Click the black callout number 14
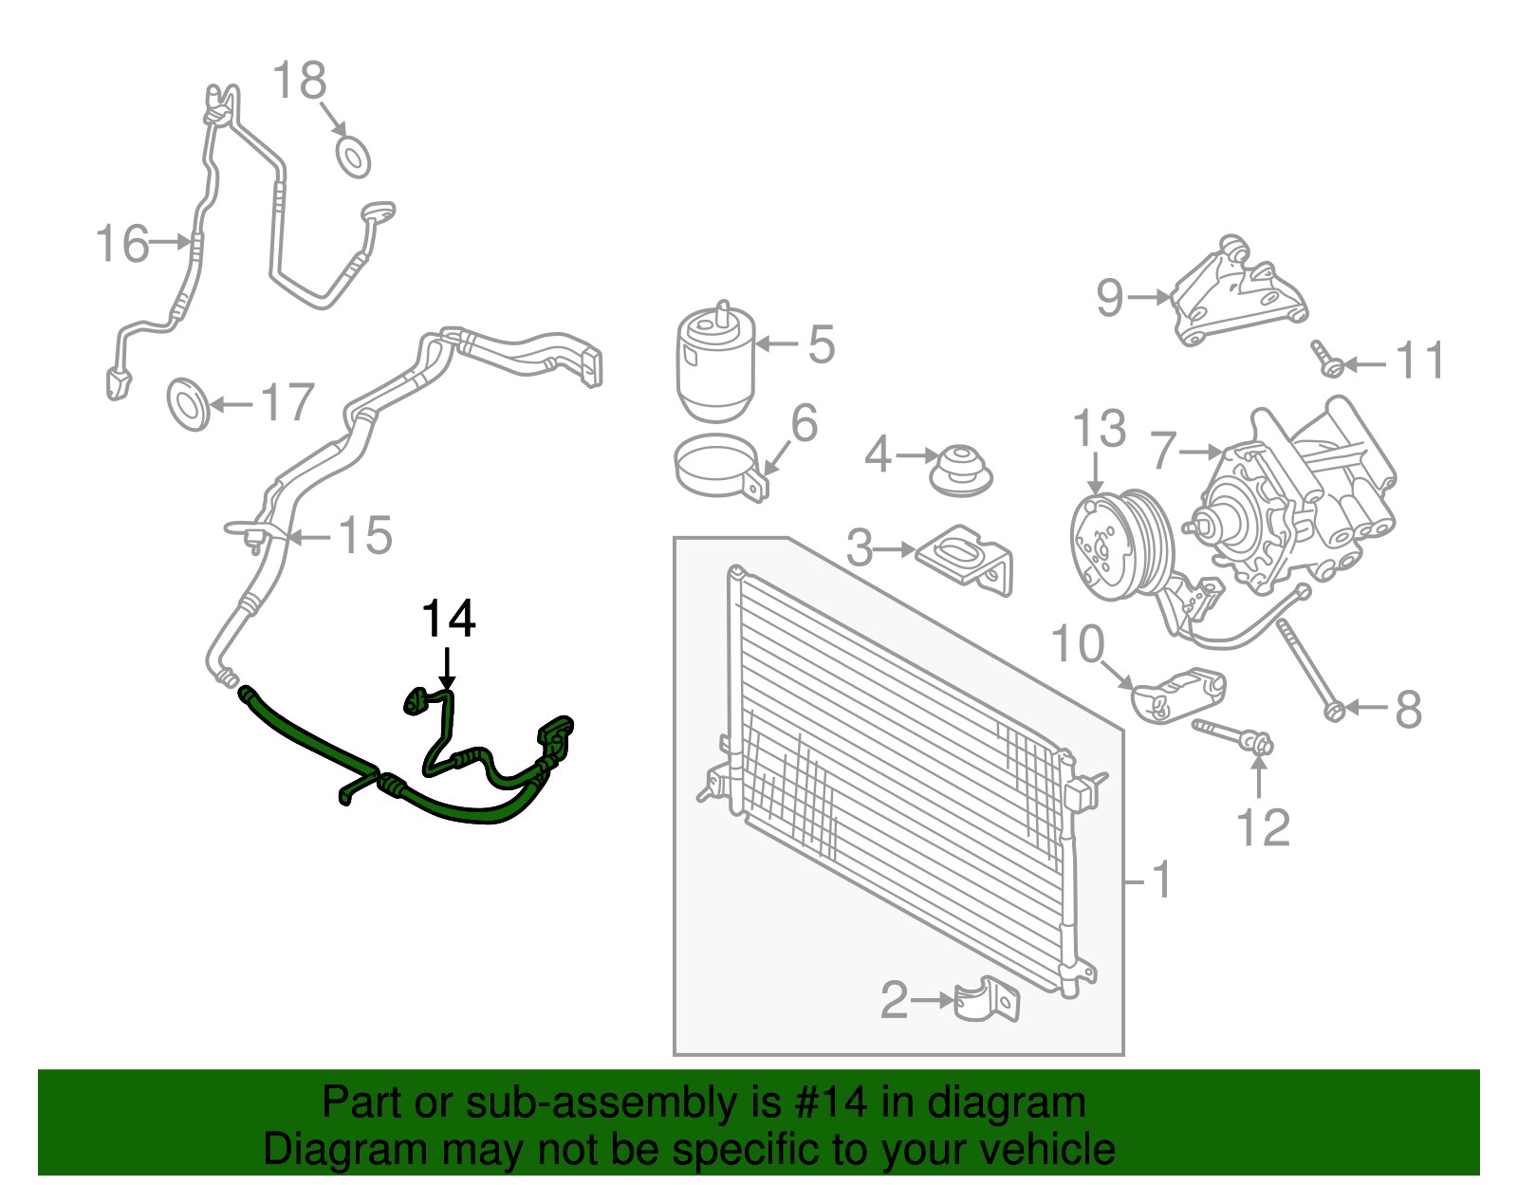[x=448, y=620]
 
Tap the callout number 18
[x=300, y=81]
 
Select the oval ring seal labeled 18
[x=353, y=157]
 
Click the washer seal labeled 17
[x=188, y=403]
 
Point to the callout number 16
[x=123, y=244]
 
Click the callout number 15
[x=365, y=536]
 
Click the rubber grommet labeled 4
[x=962, y=470]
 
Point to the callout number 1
[x=1162, y=880]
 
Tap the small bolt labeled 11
[x=1325, y=358]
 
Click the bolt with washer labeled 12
[x=1233, y=733]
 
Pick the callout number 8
[x=1408, y=709]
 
